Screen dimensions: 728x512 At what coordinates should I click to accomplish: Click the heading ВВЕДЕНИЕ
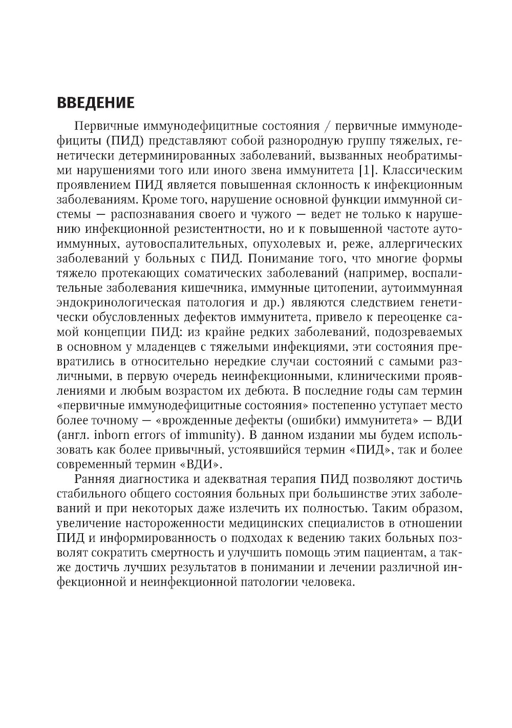tap(95, 103)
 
